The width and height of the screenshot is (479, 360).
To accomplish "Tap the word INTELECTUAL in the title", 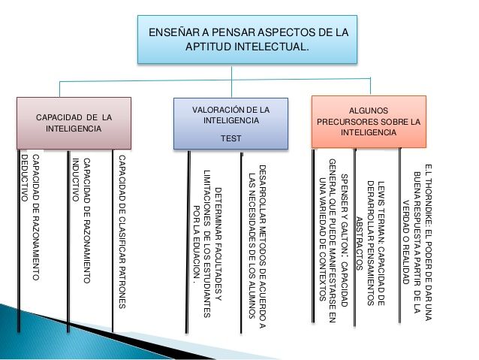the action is pos(272,47).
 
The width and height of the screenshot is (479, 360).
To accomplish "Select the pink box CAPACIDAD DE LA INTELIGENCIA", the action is pos(74,123).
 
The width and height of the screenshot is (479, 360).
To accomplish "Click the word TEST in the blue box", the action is pos(231,138).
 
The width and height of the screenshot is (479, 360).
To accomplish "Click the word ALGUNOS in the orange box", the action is pos(369,110).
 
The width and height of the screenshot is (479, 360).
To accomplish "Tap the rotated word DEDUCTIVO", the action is pos(25,178).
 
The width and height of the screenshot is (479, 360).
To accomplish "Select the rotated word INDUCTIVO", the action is pos(76,180).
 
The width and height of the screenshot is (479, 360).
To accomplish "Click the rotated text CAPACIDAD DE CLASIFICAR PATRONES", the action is pos(122,231).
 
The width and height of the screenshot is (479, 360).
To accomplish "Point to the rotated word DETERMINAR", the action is pos(218,212).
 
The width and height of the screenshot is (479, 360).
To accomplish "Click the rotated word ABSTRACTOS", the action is pos(360,244).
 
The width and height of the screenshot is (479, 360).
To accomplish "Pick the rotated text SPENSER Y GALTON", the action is pos(344,212).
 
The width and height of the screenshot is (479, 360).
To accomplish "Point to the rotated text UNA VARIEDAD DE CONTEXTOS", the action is pos(322,240).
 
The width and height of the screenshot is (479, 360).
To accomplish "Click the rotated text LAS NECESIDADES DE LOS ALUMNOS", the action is pos(252,247).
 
